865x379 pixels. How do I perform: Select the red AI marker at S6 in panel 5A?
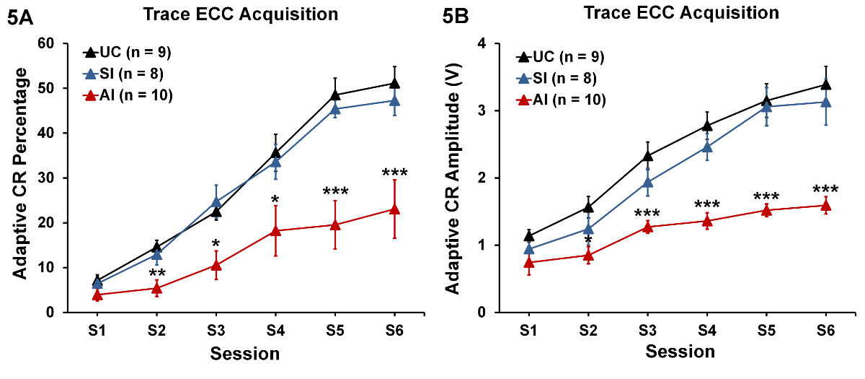[394, 209]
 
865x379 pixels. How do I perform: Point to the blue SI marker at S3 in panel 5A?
[216, 202]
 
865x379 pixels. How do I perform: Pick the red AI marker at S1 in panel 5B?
[529, 263]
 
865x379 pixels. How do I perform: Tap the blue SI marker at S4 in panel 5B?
[707, 147]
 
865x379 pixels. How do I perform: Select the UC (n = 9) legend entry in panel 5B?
[559, 57]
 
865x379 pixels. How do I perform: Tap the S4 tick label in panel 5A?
[275, 329]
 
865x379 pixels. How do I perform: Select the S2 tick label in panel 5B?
[588, 329]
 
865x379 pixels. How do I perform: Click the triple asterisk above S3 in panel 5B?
[648, 214]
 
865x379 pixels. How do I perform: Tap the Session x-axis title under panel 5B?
[680, 352]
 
